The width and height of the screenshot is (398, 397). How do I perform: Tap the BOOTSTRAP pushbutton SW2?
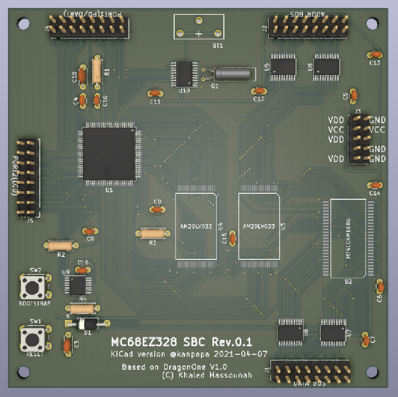click(33, 287)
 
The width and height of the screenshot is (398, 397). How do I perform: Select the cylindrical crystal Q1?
click(232, 74)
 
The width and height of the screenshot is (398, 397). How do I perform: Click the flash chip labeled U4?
click(196, 226)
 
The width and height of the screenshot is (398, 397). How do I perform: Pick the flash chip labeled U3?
click(259, 226)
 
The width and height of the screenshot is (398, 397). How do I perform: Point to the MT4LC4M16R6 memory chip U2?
click(348, 238)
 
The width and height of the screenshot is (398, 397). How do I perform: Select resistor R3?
click(152, 233)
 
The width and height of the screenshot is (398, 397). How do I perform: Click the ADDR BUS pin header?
click(308, 25)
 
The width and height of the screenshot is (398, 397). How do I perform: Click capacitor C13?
click(374, 55)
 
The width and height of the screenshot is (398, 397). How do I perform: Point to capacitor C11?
click(155, 93)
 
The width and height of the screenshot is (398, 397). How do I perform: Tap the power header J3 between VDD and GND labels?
click(358, 139)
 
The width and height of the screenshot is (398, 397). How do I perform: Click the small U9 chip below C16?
click(77, 285)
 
